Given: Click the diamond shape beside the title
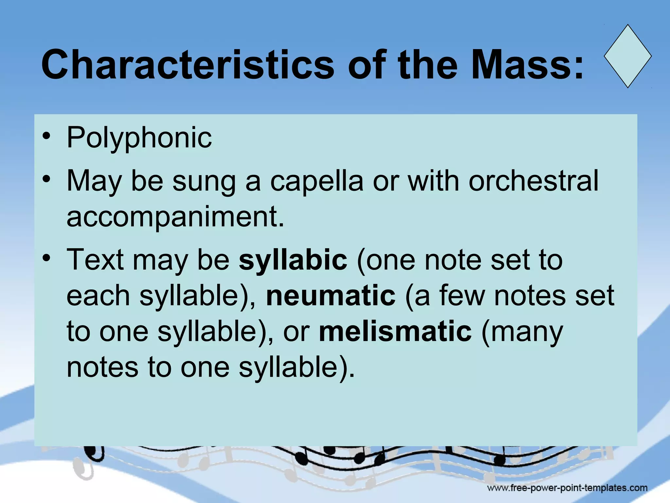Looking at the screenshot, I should click(x=627, y=56).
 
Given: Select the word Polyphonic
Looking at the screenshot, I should click(x=139, y=138).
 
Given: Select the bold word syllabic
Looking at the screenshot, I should click(x=293, y=260).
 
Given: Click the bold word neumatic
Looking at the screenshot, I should click(x=331, y=295).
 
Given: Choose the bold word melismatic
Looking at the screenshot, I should click(x=395, y=331).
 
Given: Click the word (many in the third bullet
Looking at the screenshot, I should click(x=522, y=332).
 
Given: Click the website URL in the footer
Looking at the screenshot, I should click(x=567, y=488).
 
